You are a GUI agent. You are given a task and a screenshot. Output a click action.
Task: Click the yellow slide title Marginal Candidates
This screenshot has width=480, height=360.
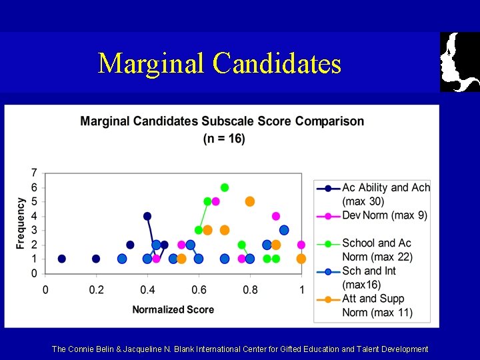(219, 63)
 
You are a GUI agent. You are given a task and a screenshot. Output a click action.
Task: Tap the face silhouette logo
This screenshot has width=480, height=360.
(459, 61)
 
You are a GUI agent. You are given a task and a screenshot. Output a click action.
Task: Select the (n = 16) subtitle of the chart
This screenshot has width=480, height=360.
(224, 139)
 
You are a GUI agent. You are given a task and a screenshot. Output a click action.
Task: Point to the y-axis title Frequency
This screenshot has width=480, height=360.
(21, 223)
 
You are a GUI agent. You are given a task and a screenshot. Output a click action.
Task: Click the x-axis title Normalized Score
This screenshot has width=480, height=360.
(173, 309)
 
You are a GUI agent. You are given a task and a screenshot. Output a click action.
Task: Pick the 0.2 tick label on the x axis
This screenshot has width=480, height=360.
(96, 290)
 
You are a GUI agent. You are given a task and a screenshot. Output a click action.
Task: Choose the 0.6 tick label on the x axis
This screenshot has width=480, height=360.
(199, 290)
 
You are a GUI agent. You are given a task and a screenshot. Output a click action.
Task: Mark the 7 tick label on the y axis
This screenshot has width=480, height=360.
(34, 173)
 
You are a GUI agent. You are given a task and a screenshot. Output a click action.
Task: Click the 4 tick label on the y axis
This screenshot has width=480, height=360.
(34, 216)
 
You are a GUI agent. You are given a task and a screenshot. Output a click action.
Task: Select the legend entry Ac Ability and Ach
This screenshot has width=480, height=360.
(385, 188)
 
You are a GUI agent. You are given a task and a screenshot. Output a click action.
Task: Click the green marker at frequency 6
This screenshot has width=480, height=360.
(225, 187)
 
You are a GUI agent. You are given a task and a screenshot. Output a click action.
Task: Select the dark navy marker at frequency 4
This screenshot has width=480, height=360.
(147, 216)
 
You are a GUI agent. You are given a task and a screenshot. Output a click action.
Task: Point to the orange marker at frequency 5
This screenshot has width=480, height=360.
(250, 201)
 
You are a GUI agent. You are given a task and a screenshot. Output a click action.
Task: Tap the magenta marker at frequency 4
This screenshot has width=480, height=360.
(276, 216)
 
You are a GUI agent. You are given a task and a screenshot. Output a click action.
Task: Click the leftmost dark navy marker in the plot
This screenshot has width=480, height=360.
(62, 259)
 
